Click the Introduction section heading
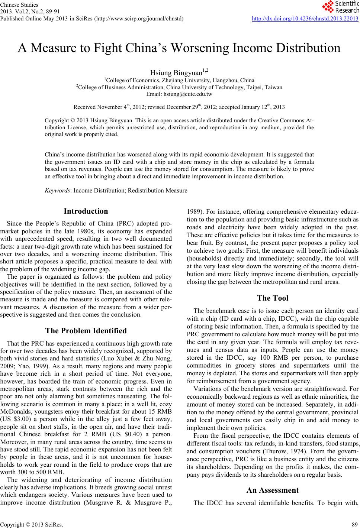tap(86, 211)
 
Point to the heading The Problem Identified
tap(86, 331)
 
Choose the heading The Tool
tap(272, 298)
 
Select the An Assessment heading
tap(272, 490)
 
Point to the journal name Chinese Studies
tap(19, 5)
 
